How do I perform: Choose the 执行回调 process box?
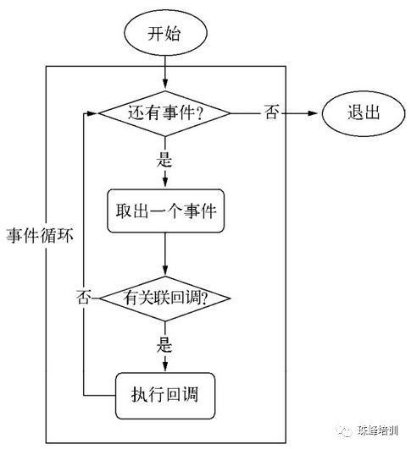pyautogui.click(x=164, y=395)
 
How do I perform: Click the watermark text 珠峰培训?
pyautogui.click(x=375, y=430)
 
